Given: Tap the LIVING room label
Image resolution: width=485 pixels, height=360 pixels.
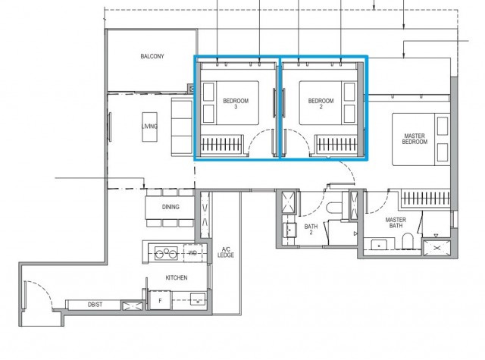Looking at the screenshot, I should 150,126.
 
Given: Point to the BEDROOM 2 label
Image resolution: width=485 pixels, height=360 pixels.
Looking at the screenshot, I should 321,104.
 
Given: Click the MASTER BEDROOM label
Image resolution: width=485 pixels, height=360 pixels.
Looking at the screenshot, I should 415,139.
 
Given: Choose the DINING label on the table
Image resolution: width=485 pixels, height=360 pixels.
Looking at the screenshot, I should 171,207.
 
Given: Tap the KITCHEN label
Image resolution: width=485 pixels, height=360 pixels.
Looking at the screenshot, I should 177,278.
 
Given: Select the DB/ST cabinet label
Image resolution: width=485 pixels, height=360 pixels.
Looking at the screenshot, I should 95,305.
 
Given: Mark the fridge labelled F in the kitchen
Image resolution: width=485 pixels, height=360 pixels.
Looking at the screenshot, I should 160,301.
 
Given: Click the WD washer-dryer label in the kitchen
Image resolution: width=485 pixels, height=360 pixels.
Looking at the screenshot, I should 192,253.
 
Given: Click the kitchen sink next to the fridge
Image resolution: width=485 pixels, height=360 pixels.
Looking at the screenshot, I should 197,300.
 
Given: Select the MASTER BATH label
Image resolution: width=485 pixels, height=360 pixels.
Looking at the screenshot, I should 396,224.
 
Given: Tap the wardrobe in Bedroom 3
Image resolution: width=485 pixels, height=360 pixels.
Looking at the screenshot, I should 220,142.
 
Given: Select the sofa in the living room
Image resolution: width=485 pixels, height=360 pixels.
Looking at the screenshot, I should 180,124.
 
